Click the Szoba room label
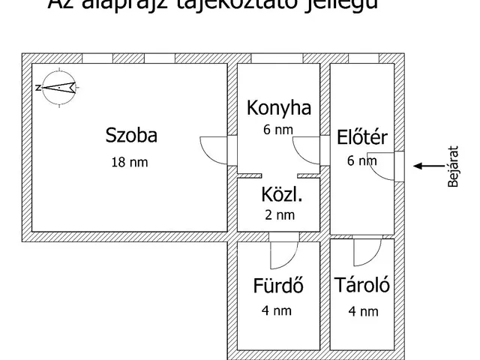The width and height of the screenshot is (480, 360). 131,136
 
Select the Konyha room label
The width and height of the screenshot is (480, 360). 279,109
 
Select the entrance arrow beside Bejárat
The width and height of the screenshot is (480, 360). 430,166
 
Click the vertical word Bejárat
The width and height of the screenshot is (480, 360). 452,166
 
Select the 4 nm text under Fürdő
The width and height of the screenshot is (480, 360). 278,310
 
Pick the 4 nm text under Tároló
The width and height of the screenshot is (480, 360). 363,310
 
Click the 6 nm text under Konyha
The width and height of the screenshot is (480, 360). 278,129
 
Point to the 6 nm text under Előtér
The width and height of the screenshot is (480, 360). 361,160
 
